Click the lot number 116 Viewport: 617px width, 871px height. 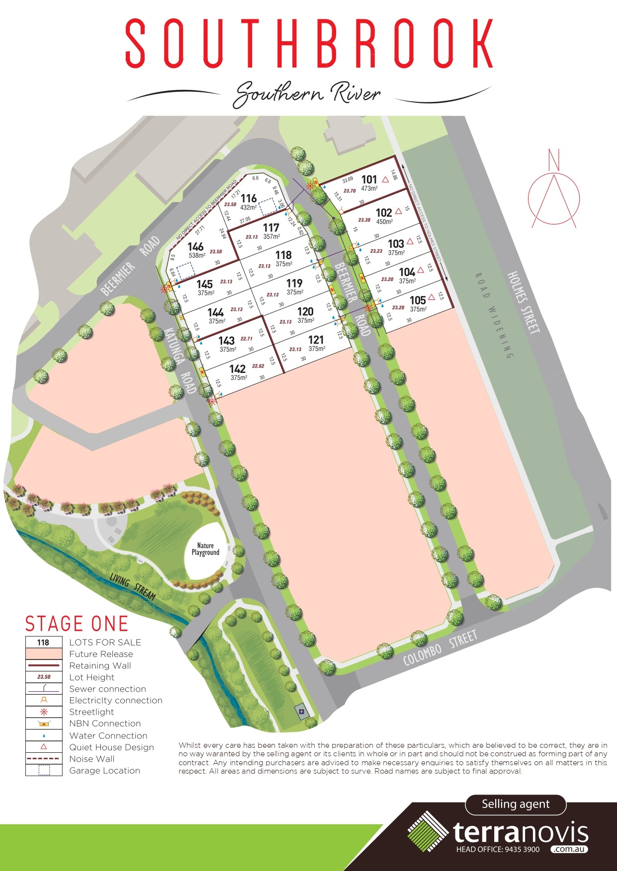click(249, 198)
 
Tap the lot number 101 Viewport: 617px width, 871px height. click(369, 179)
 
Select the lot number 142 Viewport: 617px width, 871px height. click(238, 368)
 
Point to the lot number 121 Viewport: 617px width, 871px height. click(316, 340)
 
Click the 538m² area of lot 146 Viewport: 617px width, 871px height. click(197, 255)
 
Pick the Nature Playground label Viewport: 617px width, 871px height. click(205, 549)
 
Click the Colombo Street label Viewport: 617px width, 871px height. click(440, 648)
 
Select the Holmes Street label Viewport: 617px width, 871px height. click(523, 302)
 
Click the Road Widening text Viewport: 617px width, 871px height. click(493, 315)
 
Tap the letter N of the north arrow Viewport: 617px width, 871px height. click(554, 159)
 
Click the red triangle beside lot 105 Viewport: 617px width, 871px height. click(432, 297)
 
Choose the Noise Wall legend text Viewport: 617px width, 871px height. click(92, 759)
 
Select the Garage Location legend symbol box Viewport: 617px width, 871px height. click(44, 770)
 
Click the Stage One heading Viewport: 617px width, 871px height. click(77, 624)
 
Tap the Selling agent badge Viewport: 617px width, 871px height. click(516, 804)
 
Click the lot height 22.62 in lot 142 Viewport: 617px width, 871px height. click(258, 366)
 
